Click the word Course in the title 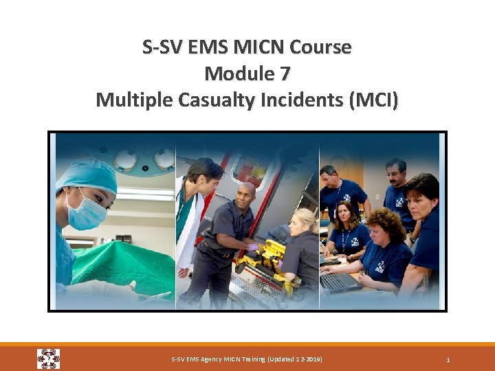click(x=321, y=47)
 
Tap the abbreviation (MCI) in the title click(x=373, y=100)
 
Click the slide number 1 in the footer click(x=448, y=359)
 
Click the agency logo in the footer click(x=48, y=359)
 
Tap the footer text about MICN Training click(x=246, y=359)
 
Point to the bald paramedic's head click(x=245, y=193)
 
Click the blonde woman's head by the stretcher click(x=303, y=220)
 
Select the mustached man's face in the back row click(x=397, y=175)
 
